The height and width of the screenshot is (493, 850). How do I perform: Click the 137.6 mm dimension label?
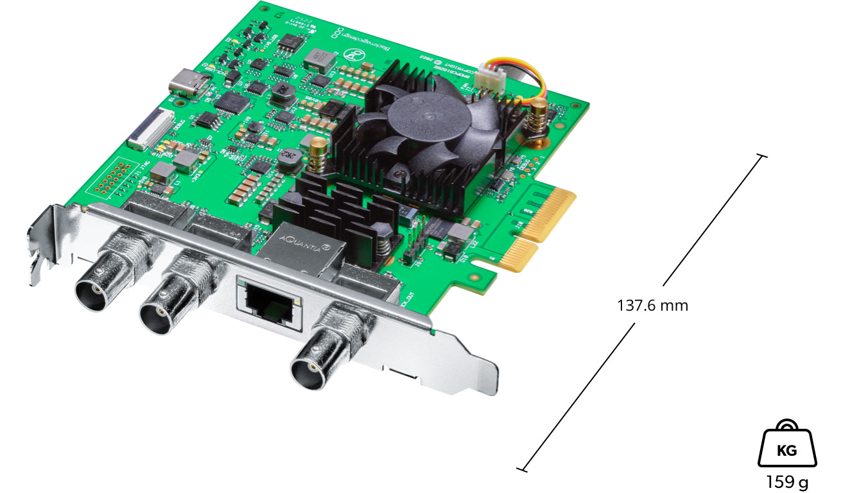[x=652, y=306]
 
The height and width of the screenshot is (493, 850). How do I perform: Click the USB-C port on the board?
[x=189, y=84]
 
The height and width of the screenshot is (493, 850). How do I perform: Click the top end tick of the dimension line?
[x=761, y=156]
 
